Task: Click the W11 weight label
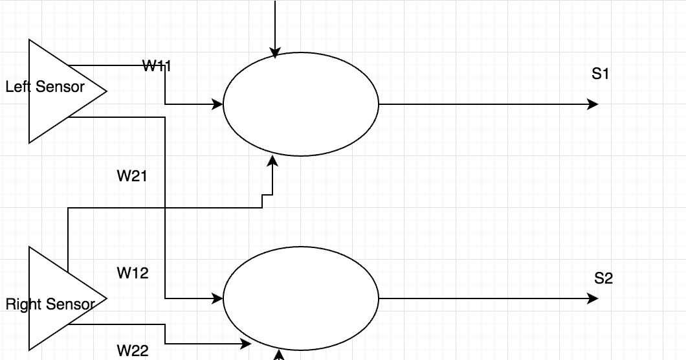coord(157,65)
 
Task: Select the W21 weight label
coord(132,175)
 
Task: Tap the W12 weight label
coord(133,273)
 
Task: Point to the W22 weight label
coord(133,351)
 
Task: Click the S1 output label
coord(601,74)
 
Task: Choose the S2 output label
coord(603,279)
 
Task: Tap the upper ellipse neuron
coord(300,104)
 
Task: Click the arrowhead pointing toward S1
coord(593,104)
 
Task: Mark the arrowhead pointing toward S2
coord(593,298)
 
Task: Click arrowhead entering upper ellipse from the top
coord(275,53)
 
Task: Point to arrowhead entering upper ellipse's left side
coord(217,104)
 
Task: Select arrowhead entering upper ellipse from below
coord(272,160)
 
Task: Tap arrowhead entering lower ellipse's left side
coord(217,298)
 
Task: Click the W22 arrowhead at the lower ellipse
coord(245,344)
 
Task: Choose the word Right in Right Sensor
coord(20,304)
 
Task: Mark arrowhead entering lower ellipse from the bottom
coord(280,355)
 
